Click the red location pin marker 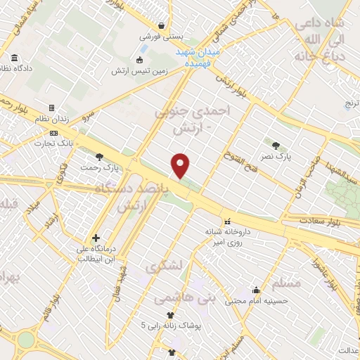coord(181,165)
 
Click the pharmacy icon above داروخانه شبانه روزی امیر coord(226,221)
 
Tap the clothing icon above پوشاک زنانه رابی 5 coord(169,315)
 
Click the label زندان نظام coord(53,120)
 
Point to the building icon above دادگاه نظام coord(15,59)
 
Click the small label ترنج coord(351,104)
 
